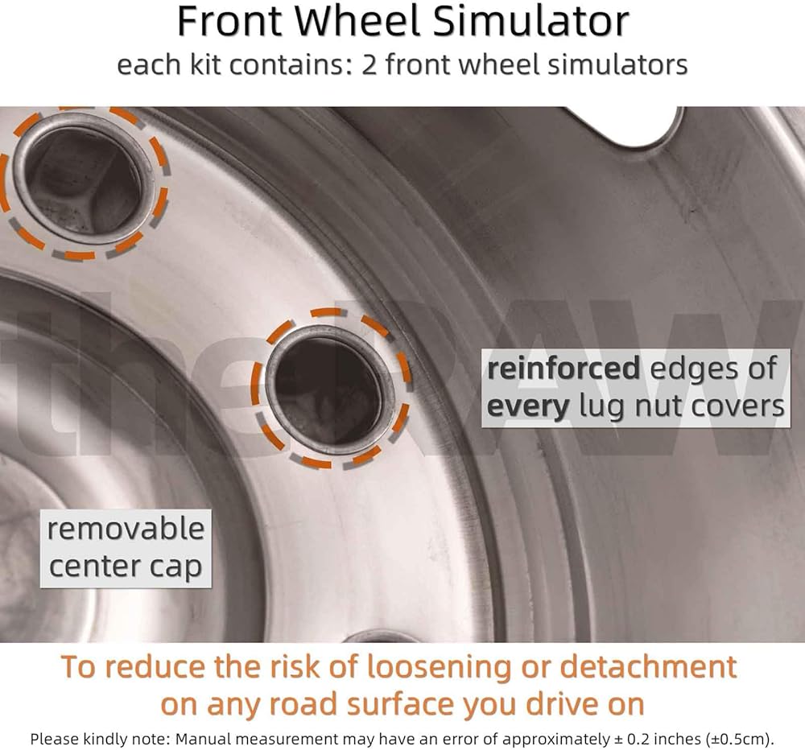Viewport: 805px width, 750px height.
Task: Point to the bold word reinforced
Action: (563, 369)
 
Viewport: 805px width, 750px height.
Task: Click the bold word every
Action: (527, 407)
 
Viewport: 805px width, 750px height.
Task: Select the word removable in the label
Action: (126, 529)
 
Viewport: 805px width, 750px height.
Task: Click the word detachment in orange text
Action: (648, 667)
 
